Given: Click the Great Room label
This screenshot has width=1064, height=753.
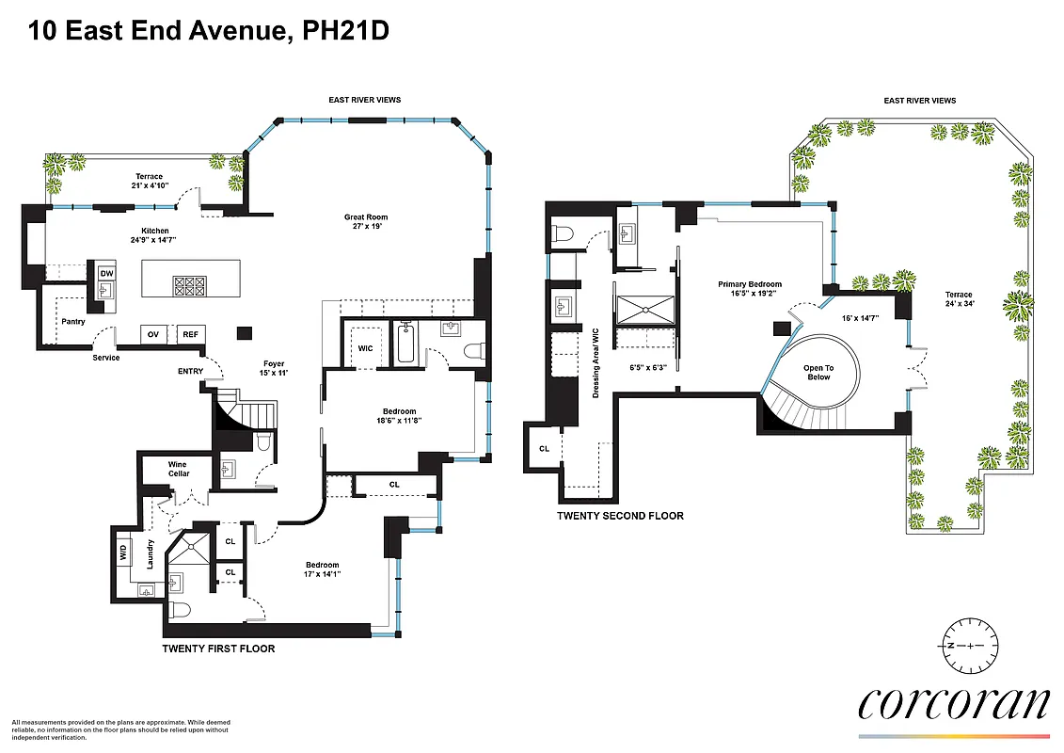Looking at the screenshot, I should [x=365, y=222].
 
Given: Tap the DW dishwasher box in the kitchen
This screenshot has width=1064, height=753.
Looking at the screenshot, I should [x=106, y=273].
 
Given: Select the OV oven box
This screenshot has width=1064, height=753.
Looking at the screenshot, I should [x=152, y=334].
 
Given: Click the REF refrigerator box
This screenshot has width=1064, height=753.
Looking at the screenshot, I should [x=190, y=334].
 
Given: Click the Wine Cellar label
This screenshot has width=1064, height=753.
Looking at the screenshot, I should [x=178, y=468].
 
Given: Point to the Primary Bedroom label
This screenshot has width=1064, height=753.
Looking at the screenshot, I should [x=750, y=289].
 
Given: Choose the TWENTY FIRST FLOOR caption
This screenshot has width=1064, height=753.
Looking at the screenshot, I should [x=218, y=649].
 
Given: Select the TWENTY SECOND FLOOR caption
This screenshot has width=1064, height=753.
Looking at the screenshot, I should [x=620, y=516].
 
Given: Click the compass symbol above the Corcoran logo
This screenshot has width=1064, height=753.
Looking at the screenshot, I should [x=969, y=646].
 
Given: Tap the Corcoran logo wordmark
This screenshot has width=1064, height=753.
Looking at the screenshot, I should [x=953, y=704].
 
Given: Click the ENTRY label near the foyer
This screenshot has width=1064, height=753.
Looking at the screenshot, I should [x=190, y=371].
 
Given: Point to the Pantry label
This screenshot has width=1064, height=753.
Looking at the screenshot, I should [x=73, y=322].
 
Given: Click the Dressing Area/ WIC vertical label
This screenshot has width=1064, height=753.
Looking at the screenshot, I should [x=596, y=362].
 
